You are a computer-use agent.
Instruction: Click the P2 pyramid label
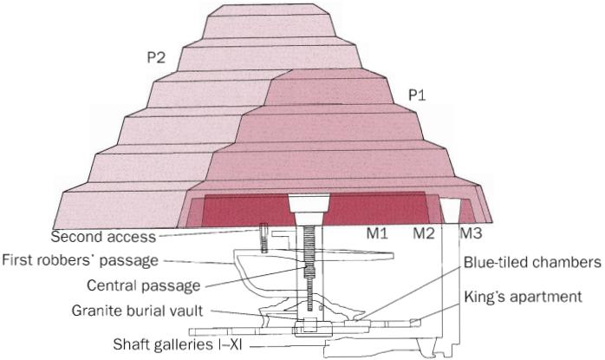[x=157, y=58]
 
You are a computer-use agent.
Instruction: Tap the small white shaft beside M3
[x=450, y=211]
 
